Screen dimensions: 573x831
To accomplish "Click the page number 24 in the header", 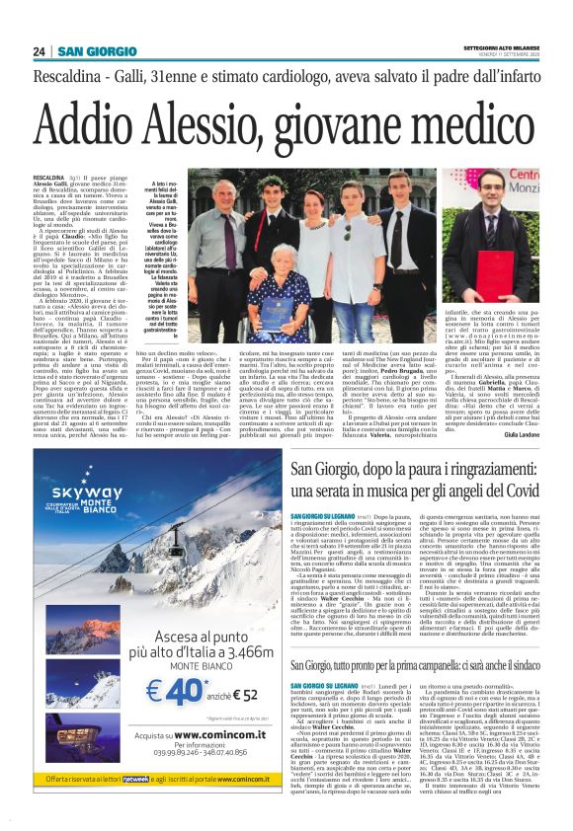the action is click(x=40, y=51).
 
